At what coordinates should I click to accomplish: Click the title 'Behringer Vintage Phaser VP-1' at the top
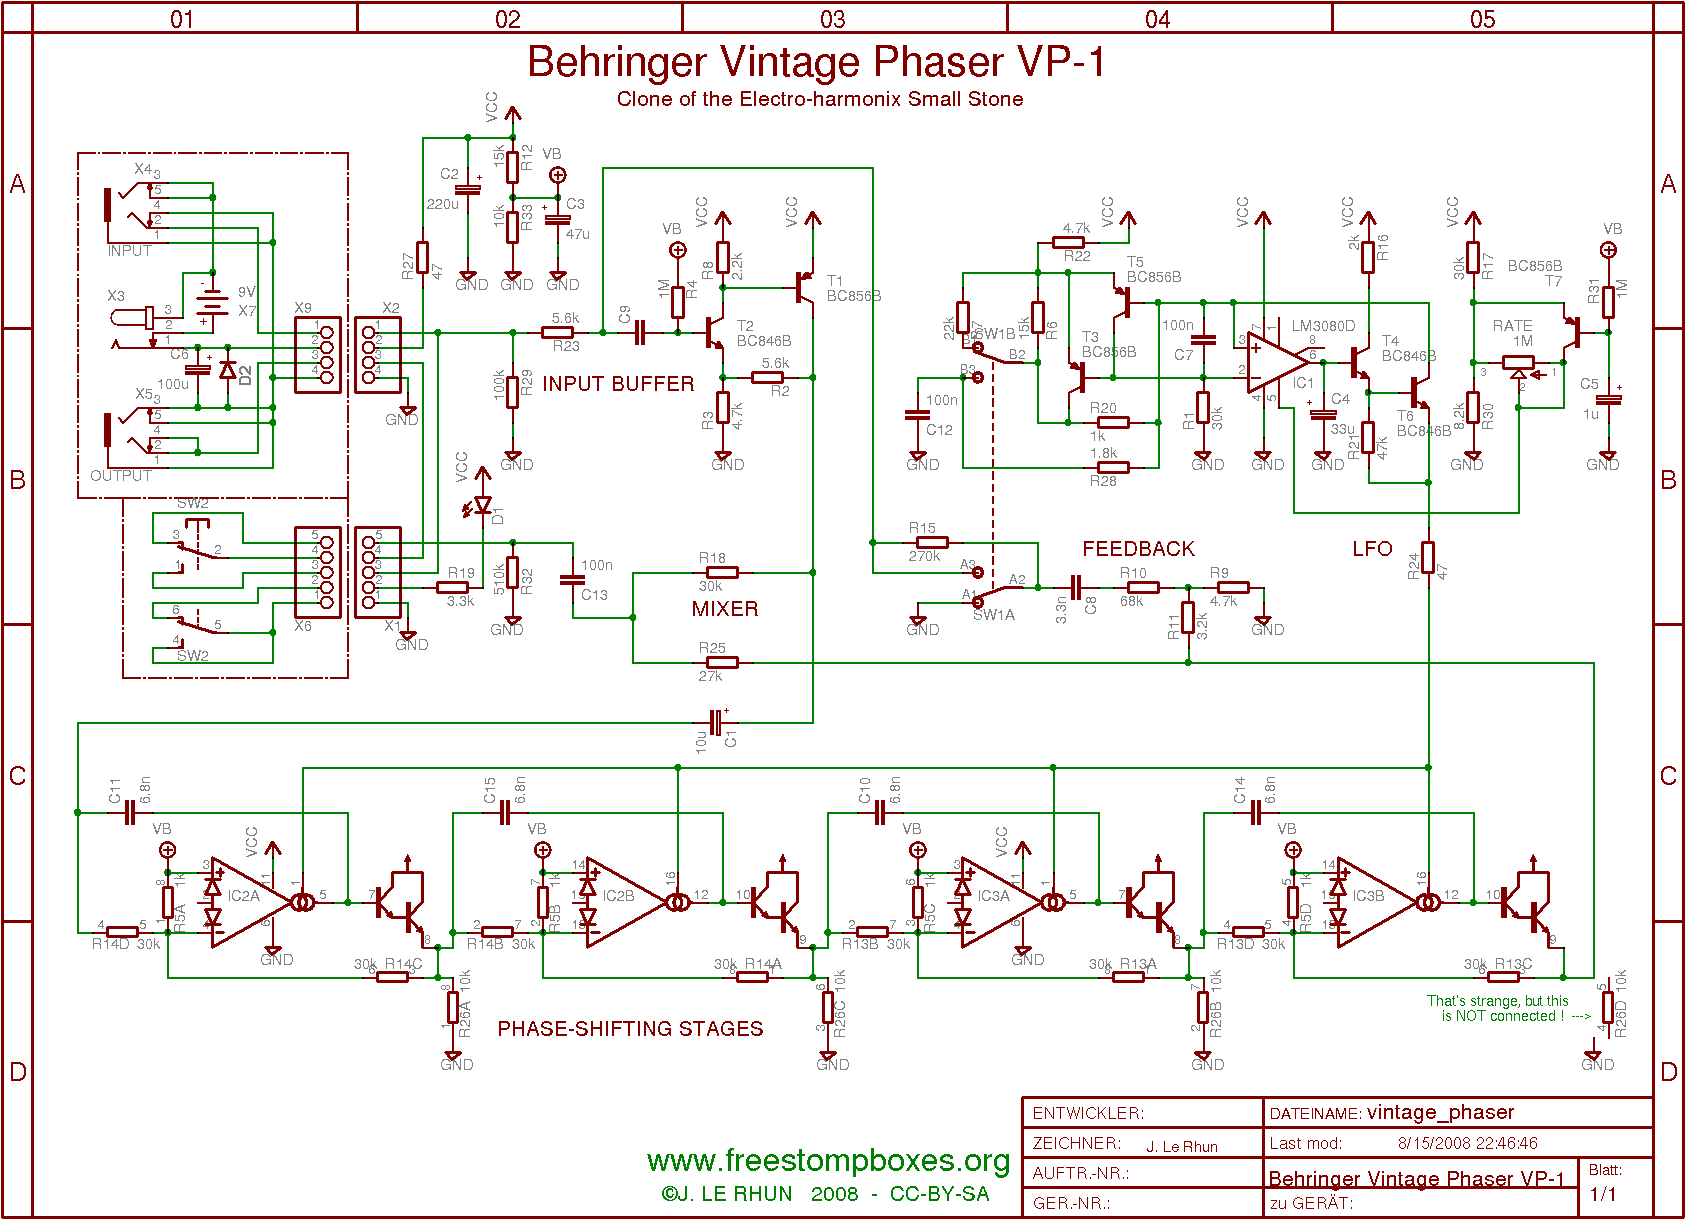(816, 62)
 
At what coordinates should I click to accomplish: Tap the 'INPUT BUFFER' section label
(618, 384)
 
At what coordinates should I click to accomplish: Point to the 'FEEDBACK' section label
(1138, 549)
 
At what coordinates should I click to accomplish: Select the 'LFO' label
(1372, 549)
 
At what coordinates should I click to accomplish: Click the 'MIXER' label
(725, 609)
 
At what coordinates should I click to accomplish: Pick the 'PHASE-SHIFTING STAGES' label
(630, 1029)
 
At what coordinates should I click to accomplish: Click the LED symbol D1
(483, 505)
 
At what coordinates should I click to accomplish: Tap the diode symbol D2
(228, 371)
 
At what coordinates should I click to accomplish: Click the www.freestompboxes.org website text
(828, 1160)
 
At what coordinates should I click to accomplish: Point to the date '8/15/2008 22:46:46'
(1467, 1143)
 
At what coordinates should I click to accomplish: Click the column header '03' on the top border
(832, 19)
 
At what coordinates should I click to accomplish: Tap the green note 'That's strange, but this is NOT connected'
(1497, 1008)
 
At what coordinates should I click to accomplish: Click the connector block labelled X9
(318, 355)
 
